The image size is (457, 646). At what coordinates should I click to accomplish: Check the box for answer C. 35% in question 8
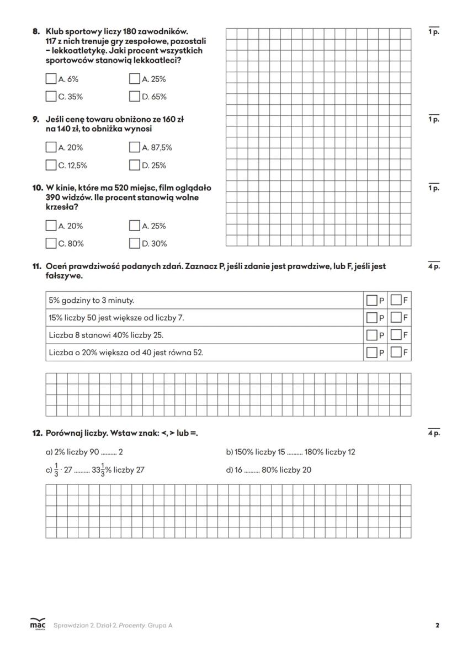click(51, 97)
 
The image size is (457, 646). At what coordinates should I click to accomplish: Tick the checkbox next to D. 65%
click(135, 97)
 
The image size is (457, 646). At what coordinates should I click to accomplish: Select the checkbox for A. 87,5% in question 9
click(135, 147)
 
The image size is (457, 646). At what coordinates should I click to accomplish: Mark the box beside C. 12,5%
click(51, 165)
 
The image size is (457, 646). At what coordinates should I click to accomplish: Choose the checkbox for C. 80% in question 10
click(51, 243)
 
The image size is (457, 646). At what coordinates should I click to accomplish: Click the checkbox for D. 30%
click(135, 243)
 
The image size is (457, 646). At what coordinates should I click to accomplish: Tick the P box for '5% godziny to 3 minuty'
click(372, 301)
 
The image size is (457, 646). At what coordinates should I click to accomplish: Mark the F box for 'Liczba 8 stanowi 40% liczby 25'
click(396, 335)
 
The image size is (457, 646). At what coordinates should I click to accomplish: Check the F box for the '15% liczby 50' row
click(396, 318)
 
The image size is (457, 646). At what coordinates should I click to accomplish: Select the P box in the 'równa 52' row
click(372, 352)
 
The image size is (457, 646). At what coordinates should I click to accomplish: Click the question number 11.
click(36, 266)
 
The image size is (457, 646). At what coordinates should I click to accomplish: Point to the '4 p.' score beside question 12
click(434, 434)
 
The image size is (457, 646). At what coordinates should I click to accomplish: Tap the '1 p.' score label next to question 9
click(434, 119)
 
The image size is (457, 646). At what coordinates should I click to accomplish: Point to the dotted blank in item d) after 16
click(252, 471)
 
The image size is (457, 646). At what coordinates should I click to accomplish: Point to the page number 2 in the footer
click(437, 626)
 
